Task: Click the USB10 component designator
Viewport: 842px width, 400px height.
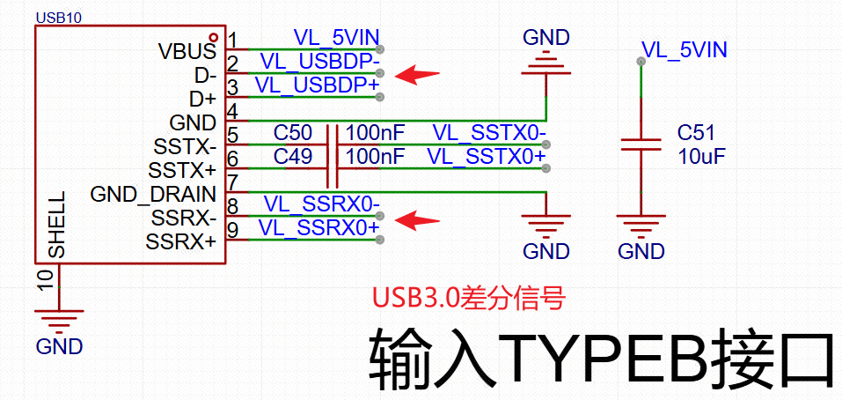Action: pyautogui.click(x=58, y=17)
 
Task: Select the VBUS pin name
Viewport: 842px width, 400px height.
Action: pyautogui.click(x=187, y=50)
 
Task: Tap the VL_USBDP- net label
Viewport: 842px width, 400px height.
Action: pyautogui.click(x=320, y=63)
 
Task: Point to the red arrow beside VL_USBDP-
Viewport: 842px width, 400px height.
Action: pyautogui.click(x=415, y=74)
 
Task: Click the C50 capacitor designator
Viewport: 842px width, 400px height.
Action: pyautogui.click(x=292, y=133)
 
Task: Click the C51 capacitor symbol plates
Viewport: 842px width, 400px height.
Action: pyautogui.click(x=641, y=144)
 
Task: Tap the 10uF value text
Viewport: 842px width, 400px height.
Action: pyautogui.click(x=701, y=156)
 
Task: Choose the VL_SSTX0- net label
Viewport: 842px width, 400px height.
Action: pyautogui.click(x=489, y=133)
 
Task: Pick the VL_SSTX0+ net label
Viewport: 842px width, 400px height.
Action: pyautogui.click(x=487, y=156)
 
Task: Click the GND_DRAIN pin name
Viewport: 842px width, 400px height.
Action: pyautogui.click(x=153, y=194)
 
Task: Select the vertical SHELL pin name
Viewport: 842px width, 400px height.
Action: pyautogui.click(x=56, y=225)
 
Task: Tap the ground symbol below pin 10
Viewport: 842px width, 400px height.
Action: pyautogui.click(x=59, y=316)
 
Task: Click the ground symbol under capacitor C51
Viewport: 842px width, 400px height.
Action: pyautogui.click(x=641, y=226)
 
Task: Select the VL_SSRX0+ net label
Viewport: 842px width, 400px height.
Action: pyautogui.click(x=319, y=228)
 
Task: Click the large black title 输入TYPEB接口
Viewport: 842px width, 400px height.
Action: pyautogui.click(x=602, y=358)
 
